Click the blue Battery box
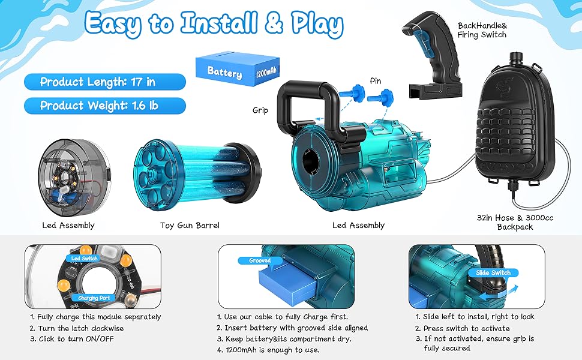click(238, 69)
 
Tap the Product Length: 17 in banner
click(104, 82)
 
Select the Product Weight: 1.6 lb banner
click(104, 106)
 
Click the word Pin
click(375, 81)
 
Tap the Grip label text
click(260, 110)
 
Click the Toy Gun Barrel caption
click(190, 225)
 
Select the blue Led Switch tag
click(84, 259)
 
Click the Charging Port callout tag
click(94, 298)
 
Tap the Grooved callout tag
click(260, 260)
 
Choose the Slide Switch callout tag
click(493, 273)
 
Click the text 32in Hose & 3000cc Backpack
click(515, 223)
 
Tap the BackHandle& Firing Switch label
click(482, 30)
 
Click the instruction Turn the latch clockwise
click(76, 328)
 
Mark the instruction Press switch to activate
click(462, 328)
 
